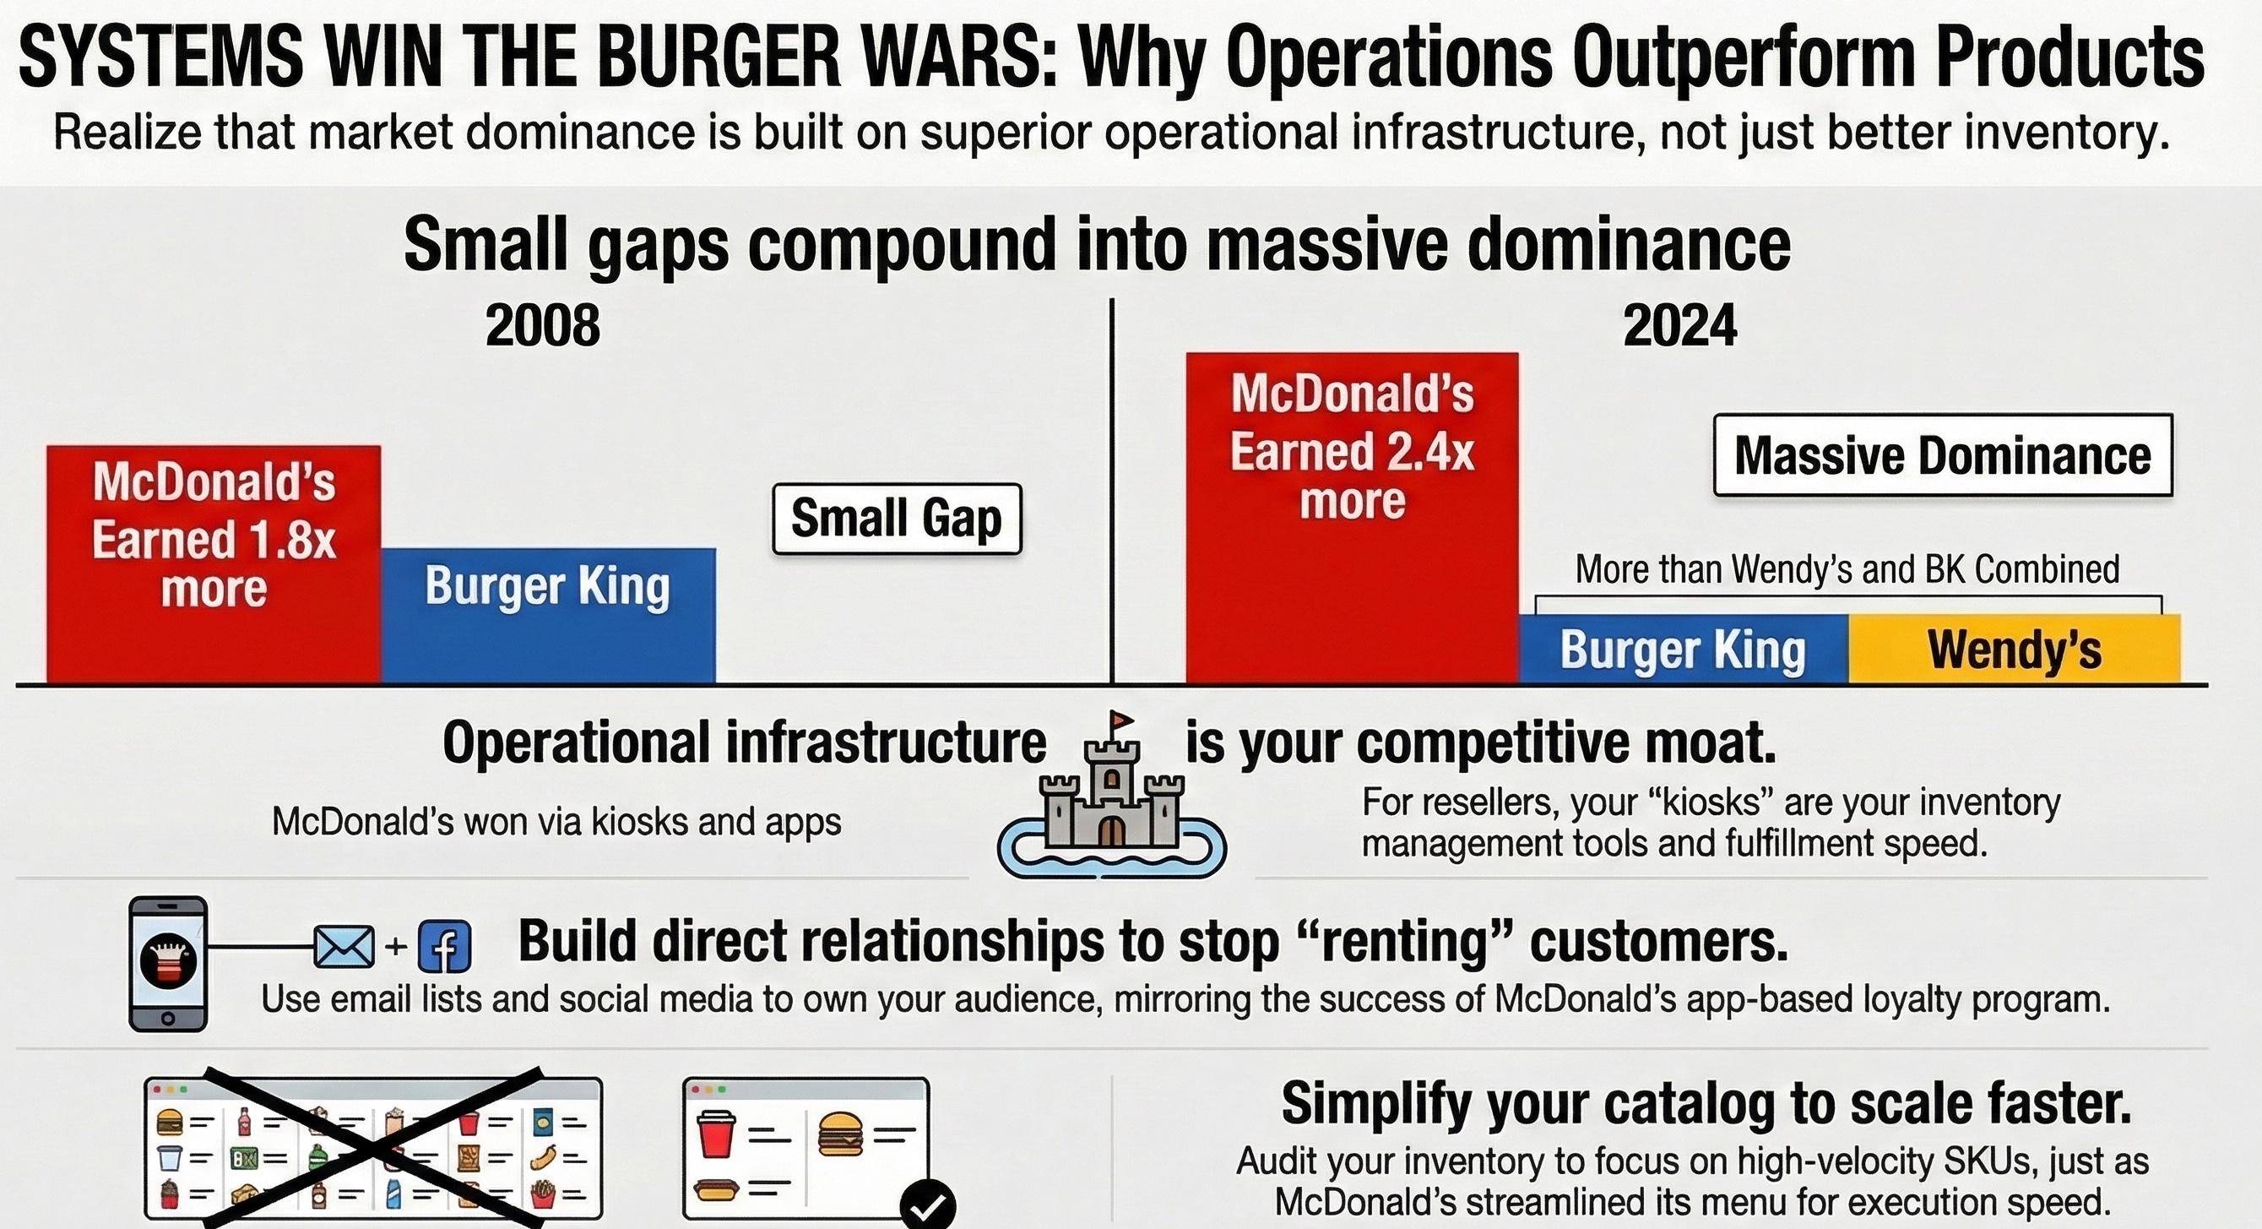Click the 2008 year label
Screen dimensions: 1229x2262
pyautogui.click(x=543, y=326)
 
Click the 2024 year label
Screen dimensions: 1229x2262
pyautogui.click(x=1679, y=326)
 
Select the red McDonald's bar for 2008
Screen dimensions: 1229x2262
pyautogui.click(x=214, y=563)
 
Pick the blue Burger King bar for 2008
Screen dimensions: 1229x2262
pyautogui.click(x=548, y=615)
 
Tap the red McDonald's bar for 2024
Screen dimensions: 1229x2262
pyautogui.click(x=1352, y=519)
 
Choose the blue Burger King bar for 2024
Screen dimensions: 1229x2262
pyautogui.click(x=1683, y=650)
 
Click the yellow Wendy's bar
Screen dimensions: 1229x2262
pyautogui.click(x=2014, y=650)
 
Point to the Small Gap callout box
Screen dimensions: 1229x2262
pyautogui.click(x=897, y=519)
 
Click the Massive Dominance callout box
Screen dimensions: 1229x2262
pyautogui.click(x=1942, y=455)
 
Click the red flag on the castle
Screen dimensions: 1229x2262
pyautogui.click(x=1121, y=721)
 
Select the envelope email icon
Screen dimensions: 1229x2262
pyautogui.click(x=344, y=947)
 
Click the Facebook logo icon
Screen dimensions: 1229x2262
pyautogui.click(x=444, y=947)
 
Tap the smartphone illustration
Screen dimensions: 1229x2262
pyautogui.click(x=168, y=963)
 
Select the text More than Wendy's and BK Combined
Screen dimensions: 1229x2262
pyautogui.click(x=1847, y=570)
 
